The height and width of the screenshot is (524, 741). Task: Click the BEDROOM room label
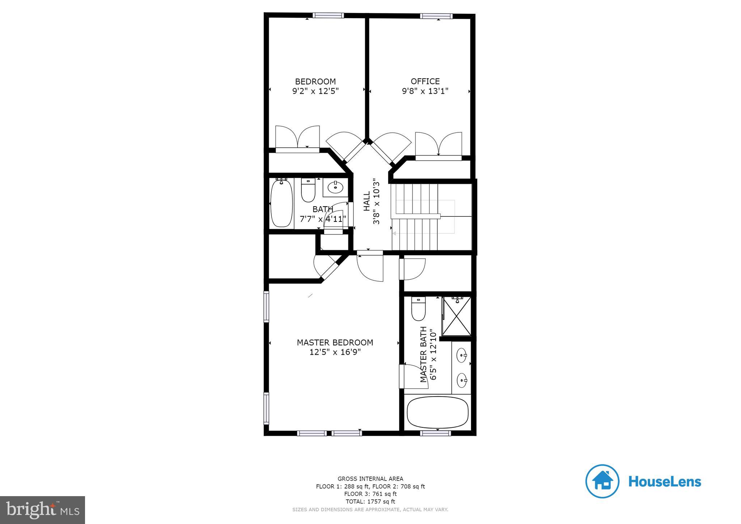(315, 81)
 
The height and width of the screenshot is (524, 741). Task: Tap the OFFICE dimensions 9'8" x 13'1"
(425, 91)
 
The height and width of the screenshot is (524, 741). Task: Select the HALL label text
(367, 201)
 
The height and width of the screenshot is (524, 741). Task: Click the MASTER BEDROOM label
(335, 342)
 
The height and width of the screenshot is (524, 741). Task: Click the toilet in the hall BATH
(308, 191)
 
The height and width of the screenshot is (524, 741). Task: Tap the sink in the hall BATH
(335, 187)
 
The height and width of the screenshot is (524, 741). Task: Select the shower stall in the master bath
(457, 316)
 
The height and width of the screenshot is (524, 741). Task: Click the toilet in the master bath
(418, 309)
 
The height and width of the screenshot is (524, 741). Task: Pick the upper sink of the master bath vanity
(461, 355)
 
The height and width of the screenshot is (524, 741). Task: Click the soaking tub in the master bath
(437, 412)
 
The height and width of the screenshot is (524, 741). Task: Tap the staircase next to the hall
(420, 217)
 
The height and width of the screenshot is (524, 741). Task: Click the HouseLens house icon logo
(602, 481)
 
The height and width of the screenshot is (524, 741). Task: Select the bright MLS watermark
(42, 510)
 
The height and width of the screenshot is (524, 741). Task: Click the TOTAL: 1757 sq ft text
(370, 502)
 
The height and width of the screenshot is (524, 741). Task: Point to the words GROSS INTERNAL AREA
(370, 479)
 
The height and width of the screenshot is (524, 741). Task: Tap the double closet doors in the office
(438, 145)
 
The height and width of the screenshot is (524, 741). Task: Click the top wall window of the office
(436, 16)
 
